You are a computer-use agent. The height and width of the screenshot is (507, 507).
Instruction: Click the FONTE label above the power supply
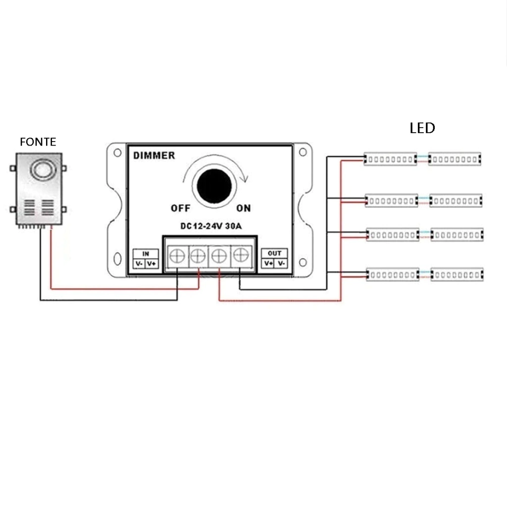click(x=38, y=142)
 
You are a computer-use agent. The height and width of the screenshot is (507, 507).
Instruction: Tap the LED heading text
click(x=422, y=128)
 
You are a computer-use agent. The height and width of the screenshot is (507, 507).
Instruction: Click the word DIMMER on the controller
click(x=154, y=155)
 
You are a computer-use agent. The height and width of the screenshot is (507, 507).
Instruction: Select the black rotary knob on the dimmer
click(x=214, y=186)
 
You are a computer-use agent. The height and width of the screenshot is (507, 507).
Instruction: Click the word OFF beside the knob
click(x=180, y=208)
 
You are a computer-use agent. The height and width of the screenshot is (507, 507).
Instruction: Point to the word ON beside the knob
click(x=243, y=208)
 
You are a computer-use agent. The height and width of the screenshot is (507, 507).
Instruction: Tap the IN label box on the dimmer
click(x=146, y=253)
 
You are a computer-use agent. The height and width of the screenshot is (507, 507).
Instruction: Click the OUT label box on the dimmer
click(x=274, y=253)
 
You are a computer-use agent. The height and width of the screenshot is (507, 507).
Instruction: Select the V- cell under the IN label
click(x=139, y=264)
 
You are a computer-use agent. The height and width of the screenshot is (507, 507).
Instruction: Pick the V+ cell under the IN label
click(x=152, y=264)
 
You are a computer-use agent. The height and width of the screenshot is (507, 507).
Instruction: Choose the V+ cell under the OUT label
click(x=268, y=263)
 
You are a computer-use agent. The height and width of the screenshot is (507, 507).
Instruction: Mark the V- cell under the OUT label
click(x=281, y=263)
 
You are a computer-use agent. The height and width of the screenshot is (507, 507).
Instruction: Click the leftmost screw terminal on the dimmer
click(x=177, y=256)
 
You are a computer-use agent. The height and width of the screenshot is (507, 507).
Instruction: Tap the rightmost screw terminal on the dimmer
click(x=240, y=255)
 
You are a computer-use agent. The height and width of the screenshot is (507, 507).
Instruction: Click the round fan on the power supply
click(x=41, y=170)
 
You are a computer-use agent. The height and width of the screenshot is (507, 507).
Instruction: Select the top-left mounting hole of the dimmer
click(x=117, y=152)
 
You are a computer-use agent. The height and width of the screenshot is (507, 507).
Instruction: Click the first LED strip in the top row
click(x=390, y=159)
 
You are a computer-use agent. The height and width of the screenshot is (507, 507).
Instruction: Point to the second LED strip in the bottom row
click(x=456, y=274)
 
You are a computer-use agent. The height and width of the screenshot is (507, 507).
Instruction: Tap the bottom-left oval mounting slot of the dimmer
click(x=117, y=259)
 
